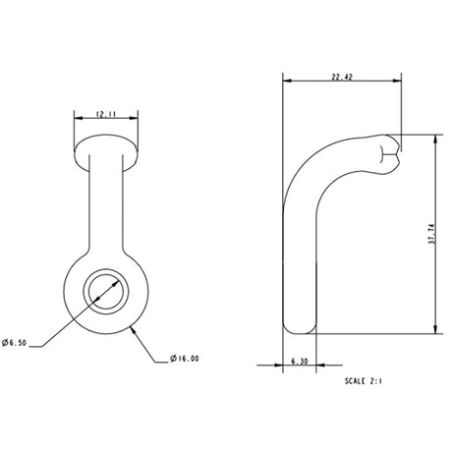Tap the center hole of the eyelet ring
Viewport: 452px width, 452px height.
(x=103, y=290)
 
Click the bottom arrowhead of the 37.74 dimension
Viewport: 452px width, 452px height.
(x=431, y=330)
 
